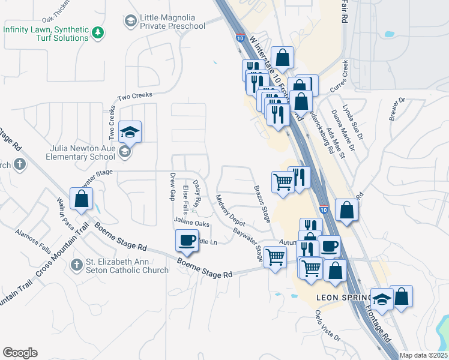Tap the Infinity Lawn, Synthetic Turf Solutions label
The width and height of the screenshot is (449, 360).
coord(46,34)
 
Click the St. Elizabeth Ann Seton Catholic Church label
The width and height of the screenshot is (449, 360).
coord(127,266)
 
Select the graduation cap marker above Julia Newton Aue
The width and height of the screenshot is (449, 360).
coord(130,131)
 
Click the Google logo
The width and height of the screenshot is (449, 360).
coord(20,353)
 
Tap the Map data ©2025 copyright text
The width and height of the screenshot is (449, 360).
coord(424,355)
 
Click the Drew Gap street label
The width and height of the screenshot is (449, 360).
coord(173,187)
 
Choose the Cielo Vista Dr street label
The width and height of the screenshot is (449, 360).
coord(328,326)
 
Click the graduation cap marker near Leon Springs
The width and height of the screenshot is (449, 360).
coord(381,298)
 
